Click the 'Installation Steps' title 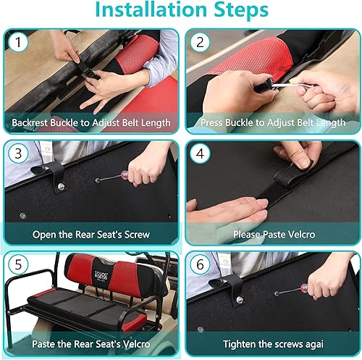(180, 12)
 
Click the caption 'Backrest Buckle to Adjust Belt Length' (90, 122)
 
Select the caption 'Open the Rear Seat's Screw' (90, 235)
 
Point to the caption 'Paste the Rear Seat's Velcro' (90, 345)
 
